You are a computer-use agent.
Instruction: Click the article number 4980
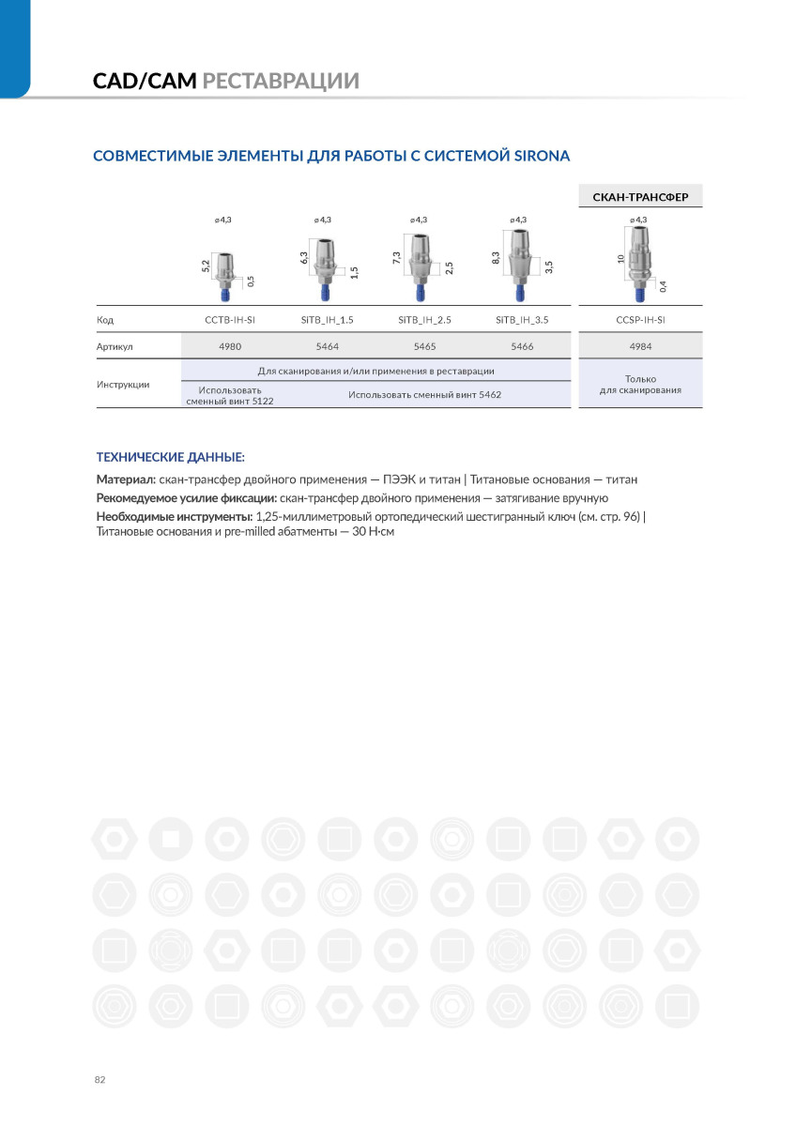tap(230, 346)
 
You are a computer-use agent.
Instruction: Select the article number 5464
tap(328, 346)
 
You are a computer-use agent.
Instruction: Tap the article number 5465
tap(424, 346)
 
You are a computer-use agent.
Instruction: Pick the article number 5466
tap(522, 346)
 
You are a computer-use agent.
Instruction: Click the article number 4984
tap(640, 346)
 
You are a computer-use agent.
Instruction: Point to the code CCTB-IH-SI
tap(230, 320)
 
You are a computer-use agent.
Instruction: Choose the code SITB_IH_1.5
tap(328, 320)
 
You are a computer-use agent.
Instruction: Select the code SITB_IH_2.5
tap(424, 320)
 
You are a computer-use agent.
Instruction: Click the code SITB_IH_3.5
tap(522, 320)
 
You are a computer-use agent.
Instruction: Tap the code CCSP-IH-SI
tap(640, 320)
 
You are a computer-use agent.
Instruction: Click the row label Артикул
tap(115, 346)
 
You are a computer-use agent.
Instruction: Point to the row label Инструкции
tap(123, 384)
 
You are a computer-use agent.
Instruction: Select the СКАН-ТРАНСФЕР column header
tap(640, 198)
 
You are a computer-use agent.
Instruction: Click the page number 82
tap(100, 1079)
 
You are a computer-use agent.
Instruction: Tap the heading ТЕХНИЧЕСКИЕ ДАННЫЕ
tap(170, 457)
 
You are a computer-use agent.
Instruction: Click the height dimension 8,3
tap(496, 260)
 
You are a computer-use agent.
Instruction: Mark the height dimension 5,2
tap(206, 266)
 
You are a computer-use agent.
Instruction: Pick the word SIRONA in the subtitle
tap(542, 156)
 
